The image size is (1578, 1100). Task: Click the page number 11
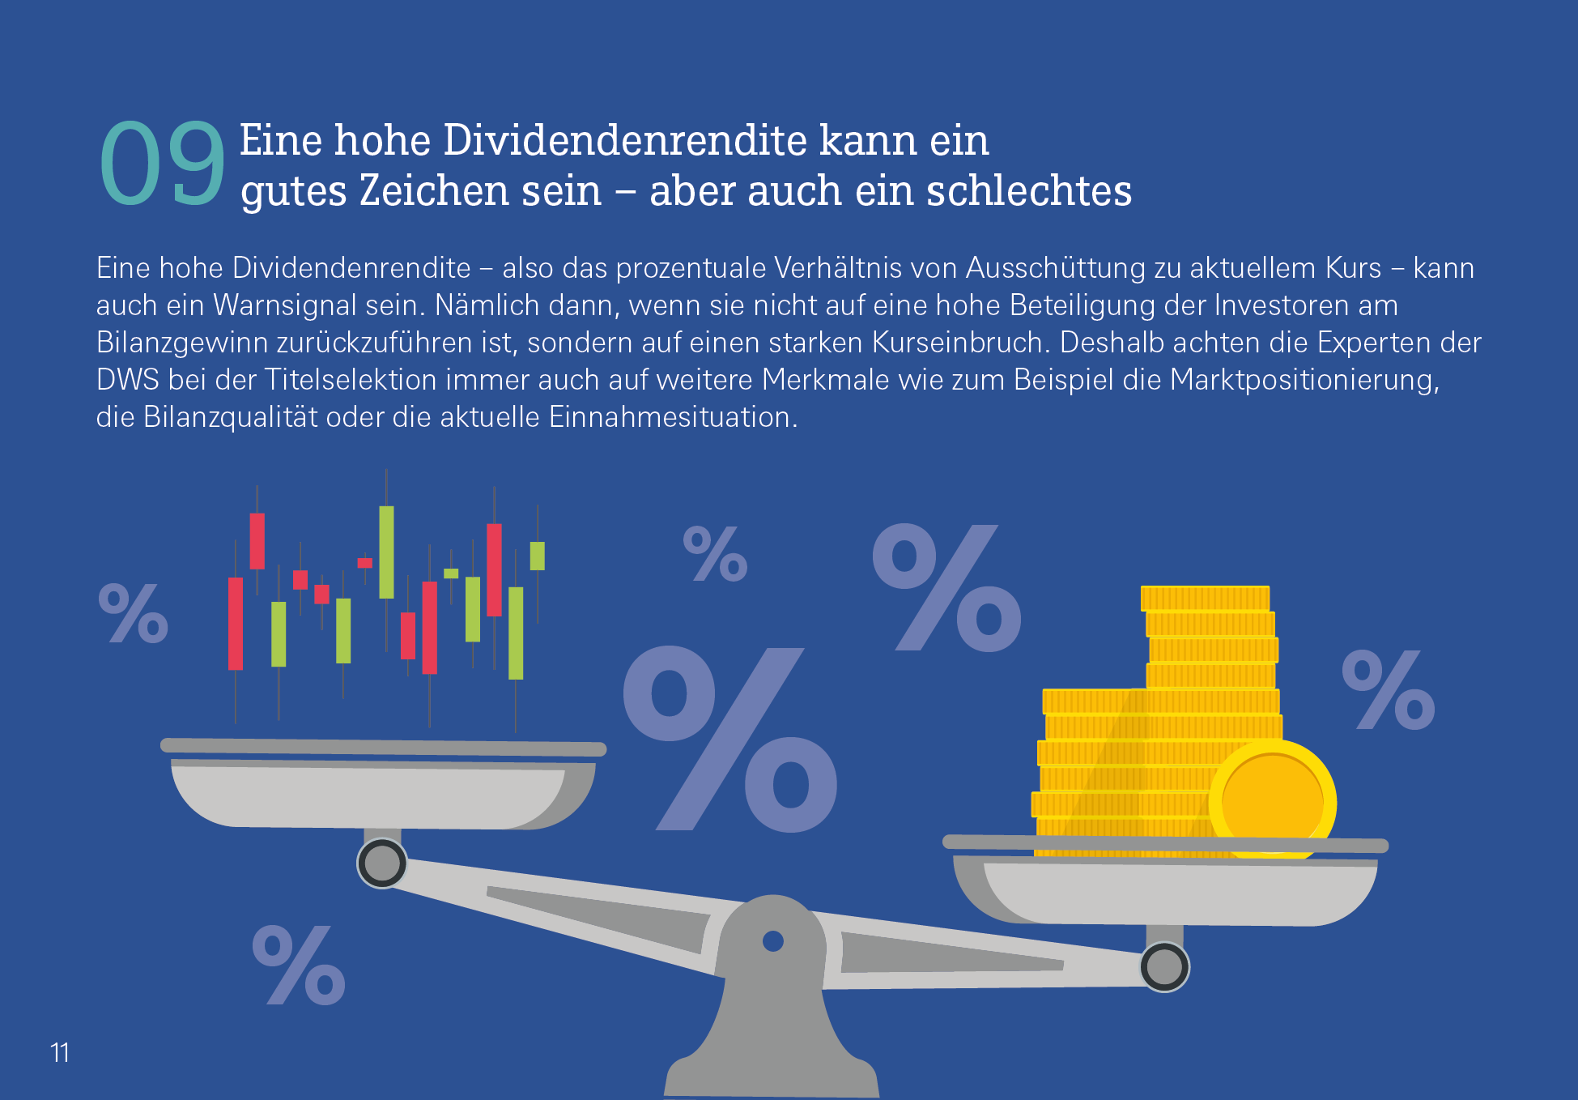pyautogui.click(x=60, y=1052)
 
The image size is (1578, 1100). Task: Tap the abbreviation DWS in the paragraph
pyautogui.click(x=127, y=381)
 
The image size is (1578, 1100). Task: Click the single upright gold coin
pyautogui.click(x=1272, y=800)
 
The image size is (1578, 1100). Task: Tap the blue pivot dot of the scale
pyautogui.click(x=773, y=941)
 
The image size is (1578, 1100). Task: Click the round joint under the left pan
pyautogui.click(x=382, y=863)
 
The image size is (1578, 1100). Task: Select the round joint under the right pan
pyautogui.click(x=1164, y=966)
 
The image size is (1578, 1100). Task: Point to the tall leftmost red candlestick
pyautogui.click(x=236, y=624)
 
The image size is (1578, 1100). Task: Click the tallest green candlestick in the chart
pyautogui.click(x=387, y=552)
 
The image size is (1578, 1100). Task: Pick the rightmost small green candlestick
pyautogui.click(x=537, y=556)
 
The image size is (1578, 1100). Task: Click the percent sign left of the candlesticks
pyautogui.click(x=134, y=613)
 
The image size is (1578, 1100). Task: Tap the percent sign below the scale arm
pyautogui.click(x=299, y=966)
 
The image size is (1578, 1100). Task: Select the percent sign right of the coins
pyautogui.click(x=1388, y=690)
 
